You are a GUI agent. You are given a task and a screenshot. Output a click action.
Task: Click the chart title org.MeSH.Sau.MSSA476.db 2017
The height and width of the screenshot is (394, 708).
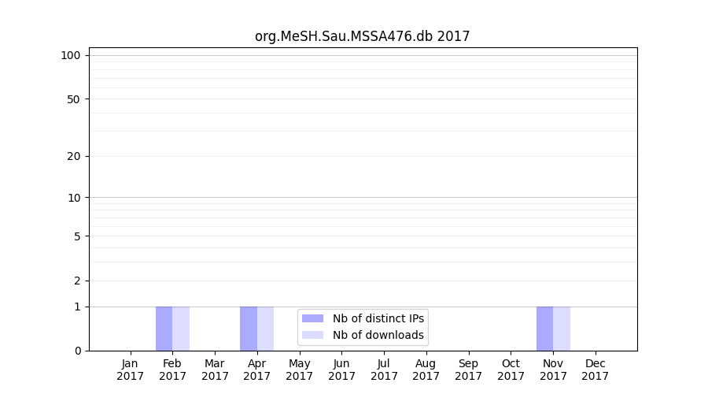click(x=362, y=36)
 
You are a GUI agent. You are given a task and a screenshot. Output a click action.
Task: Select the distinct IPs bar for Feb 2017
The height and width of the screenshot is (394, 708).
click(x=164, y=329)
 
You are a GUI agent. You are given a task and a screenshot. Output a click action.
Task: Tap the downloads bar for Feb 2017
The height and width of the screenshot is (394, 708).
click(x=181, y=329)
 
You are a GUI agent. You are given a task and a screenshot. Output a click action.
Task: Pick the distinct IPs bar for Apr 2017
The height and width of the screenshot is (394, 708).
click(x=249, y=329)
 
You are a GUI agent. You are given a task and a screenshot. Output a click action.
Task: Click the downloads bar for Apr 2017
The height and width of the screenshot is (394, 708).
click(x=266, y=329)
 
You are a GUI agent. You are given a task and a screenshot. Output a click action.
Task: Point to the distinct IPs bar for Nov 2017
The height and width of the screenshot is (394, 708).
click(x=544, y=329)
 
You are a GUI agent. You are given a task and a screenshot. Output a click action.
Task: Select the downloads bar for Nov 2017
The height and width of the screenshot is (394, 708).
click(x=562, y=329)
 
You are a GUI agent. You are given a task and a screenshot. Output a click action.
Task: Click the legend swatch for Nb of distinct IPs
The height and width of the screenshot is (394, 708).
click(x=312, y=318)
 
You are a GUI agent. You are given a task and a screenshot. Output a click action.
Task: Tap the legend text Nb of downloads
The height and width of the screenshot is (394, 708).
click(x=378, y=335)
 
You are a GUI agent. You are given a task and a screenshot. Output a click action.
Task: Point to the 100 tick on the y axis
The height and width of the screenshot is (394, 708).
click(x=71, y=55)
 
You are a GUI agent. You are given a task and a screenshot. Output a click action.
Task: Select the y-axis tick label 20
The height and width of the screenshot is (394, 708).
click(x=74, y=156)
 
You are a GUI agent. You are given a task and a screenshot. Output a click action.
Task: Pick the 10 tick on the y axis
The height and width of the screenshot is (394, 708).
click(x=74, y=198)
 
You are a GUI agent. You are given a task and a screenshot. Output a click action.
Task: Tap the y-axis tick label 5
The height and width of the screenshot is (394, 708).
click(x=77, y=236)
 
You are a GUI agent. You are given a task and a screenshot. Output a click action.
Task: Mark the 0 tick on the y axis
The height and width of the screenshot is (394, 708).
click(x=77, y=351)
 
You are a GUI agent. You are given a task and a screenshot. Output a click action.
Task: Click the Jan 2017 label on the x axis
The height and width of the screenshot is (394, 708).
click(x=131, y=370)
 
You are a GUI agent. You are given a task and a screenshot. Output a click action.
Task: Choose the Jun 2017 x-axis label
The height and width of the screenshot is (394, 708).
click(x=341, y=370)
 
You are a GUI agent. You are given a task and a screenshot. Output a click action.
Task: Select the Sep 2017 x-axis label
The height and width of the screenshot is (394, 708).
click(x=468, y=370)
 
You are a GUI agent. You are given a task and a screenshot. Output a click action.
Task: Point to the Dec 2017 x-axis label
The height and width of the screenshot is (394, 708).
click(x=596, y=370)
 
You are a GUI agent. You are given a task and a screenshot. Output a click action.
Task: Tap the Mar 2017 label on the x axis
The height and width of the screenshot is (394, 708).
click(x=215, y=370)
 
